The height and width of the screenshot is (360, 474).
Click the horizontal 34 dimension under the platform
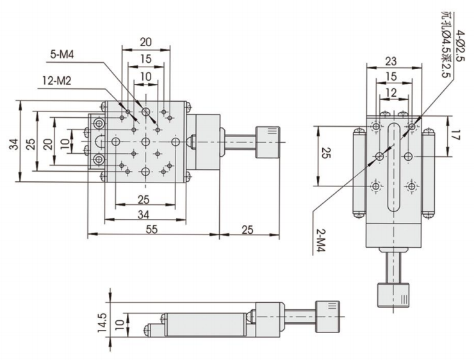pos(146,215)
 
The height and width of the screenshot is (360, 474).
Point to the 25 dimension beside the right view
pos(325,154)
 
